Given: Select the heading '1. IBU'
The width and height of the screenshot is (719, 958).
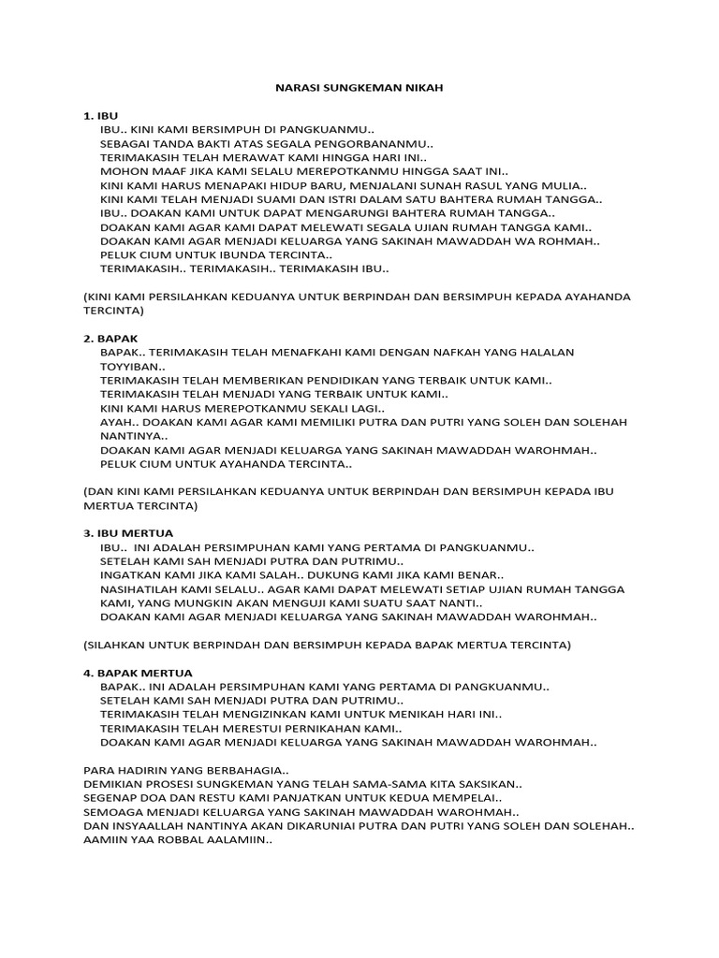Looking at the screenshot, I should [101, 115].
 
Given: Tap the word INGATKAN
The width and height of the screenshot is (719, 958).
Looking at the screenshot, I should [130, 574].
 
